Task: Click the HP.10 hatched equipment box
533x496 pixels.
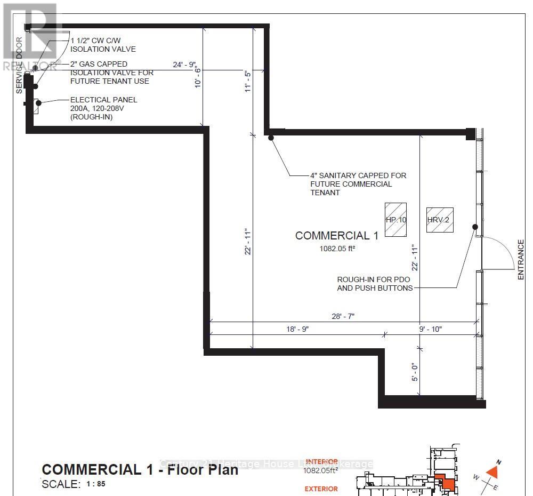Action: pos(397,219)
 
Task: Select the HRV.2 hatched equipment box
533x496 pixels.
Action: pos(440,219)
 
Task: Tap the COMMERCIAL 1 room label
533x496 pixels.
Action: pos(336,236)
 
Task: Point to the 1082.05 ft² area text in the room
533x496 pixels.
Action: pos(337,248)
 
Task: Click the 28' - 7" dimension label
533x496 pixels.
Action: pos(343,316)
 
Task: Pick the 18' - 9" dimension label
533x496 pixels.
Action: pos(297,329)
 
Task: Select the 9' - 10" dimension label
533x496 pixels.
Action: pos(431,329)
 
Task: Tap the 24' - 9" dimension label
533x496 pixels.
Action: pos(185,65)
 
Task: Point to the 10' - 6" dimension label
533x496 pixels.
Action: pos(197,77)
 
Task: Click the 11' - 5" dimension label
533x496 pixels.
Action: pos(247,81)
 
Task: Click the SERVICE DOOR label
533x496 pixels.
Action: pos(19,66)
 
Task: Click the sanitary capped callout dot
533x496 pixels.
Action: pos(271,138)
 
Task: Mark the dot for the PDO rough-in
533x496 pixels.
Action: pos(474,227)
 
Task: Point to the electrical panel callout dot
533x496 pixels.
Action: pos(38,102)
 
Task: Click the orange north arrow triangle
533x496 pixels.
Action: pos(492,471)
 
